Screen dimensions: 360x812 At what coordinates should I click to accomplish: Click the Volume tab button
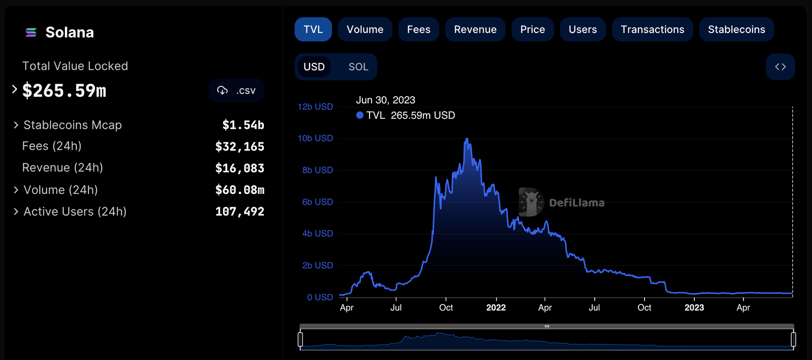(x=365, y=29)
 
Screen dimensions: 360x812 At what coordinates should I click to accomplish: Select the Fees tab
(x=419, y=29)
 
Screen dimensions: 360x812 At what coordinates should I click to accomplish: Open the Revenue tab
(x=475, y=29)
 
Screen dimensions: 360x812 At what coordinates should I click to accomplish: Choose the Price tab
(x=532, y=29)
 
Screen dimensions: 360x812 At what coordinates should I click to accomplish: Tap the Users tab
(x=583, y=29)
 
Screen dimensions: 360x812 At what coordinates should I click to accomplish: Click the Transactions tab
(x=652, y=29)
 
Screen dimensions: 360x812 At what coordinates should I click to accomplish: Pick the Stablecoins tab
(x=736, y=29)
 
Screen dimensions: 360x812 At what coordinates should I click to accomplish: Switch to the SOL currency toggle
(x=358, y=67)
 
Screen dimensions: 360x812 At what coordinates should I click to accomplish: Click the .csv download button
(x=236, y=90)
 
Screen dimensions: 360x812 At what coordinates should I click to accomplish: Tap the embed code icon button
(x=780, y=67)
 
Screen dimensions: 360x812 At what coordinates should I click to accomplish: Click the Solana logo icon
(x=31, y=32)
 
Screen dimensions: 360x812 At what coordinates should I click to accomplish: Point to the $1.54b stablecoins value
(x=243, y=125)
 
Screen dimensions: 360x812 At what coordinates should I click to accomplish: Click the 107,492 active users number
(x=240, y=212)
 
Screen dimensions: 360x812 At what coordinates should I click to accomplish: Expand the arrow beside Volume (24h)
(x=16, y=190)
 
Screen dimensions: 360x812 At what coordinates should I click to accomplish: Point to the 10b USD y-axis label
(x=315, y=138)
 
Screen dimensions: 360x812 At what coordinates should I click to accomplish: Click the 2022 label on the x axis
(x=496, y=308)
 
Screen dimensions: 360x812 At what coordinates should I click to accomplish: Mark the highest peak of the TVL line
(x=467, y=139)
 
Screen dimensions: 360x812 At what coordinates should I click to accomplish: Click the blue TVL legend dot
(x=360, y=115)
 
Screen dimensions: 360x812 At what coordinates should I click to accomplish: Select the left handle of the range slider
(x=300, y=339)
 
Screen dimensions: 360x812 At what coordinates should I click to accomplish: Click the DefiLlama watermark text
(x=577, y=203)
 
